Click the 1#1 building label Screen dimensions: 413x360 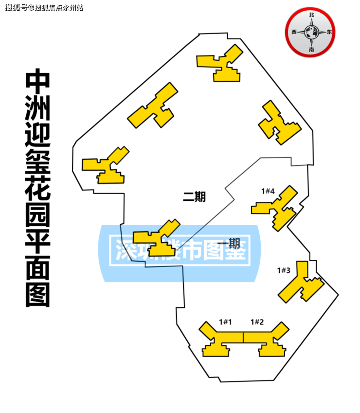point(225,322)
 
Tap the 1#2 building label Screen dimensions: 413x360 point(257,322)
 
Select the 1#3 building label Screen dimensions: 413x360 point(284,270)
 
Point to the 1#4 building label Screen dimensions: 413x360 point(268,191)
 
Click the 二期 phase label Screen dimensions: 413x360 point(194,197)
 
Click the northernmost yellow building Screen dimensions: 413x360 point(221,63)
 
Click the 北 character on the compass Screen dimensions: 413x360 point(311,15)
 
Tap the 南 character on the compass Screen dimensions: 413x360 point(311,50)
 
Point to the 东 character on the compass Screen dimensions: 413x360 point(329,33)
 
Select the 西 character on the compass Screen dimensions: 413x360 point(294,33)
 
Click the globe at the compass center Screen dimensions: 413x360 point(311,33)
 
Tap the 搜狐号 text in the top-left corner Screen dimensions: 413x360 point(16,8)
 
